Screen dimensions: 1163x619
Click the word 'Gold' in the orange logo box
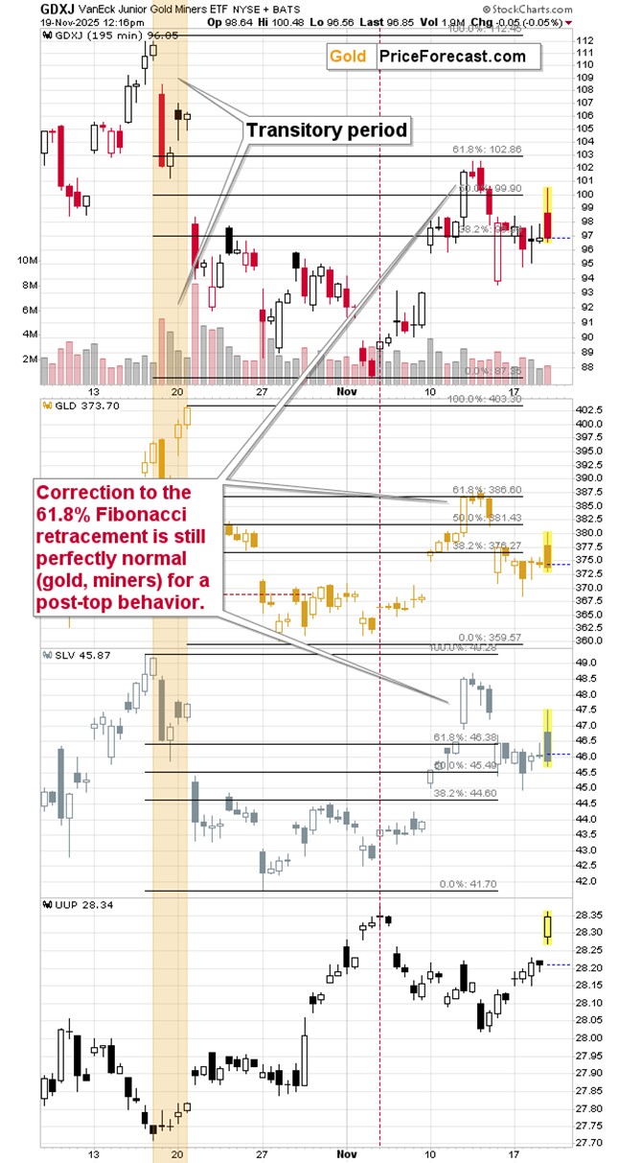pyautogui.click(x=349, y=57)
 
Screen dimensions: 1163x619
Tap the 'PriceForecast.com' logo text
pyautogui.click(x=452, y=57)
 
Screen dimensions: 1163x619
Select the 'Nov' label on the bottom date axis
pyautogui.click(x=346, y=1154)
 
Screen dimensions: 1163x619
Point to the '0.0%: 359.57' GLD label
pyautogui.click(x=489, y=637)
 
